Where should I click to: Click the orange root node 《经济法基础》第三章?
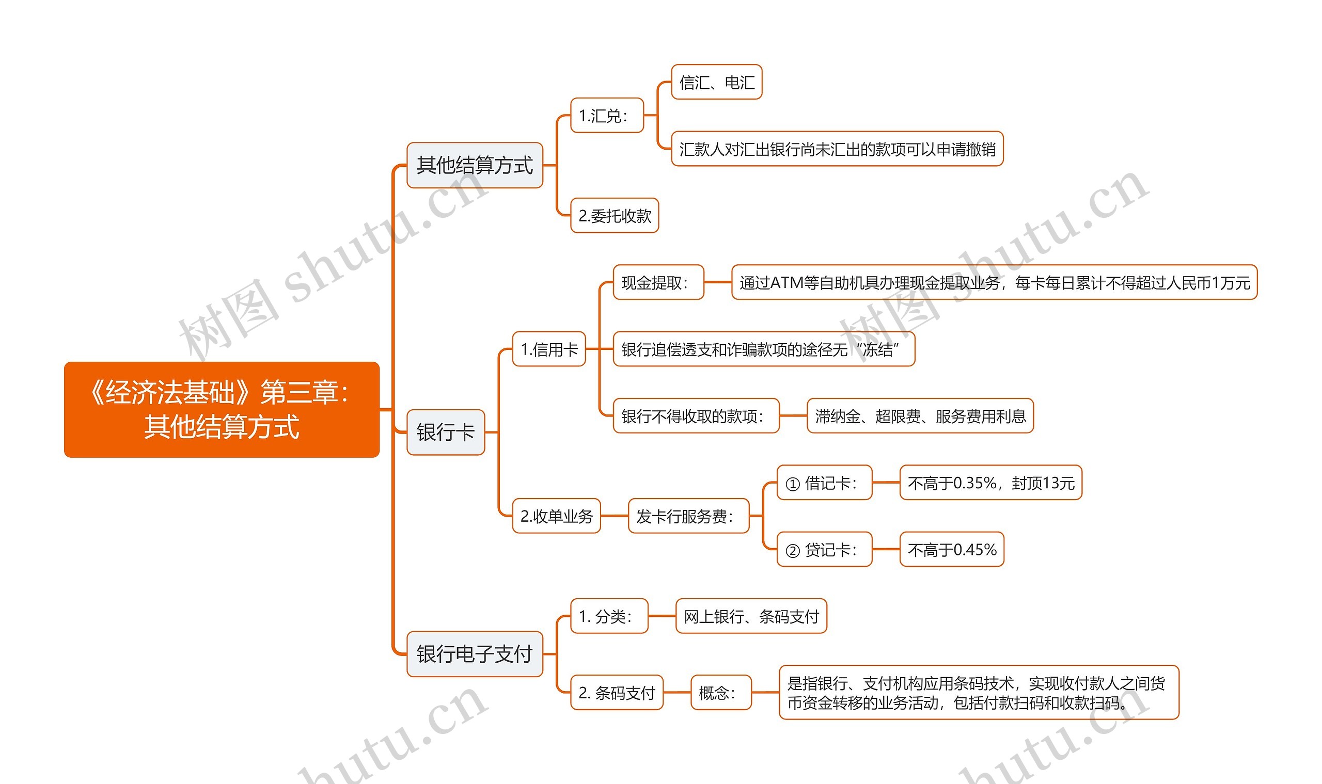click(x=222, y=409)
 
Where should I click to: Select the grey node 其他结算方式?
click(x=475, y=165)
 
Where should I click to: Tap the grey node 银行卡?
click(x=446, y=432)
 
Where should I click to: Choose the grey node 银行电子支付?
click(x=475, y=654)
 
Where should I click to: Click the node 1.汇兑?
click(x=607, y=115)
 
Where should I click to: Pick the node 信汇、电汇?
click(x=716, y=82)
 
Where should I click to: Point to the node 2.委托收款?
click(x=614, y=216)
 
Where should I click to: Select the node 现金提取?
click(x=658, y=283)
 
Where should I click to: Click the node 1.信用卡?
click(x=548, y=349)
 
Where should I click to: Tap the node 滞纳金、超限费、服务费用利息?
click(x=920, y=417)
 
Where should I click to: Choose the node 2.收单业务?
click(x=556, y=516)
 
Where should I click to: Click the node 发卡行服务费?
click(x=688, y=516)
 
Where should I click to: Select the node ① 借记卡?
click(x=824, y=483)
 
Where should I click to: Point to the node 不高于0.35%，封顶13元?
click(x=990, y=483)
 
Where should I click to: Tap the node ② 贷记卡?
click(x=824, y=550)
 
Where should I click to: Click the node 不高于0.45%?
click(x=951, y=550)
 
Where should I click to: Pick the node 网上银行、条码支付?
click(x=751, y=616)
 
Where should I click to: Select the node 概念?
click(x=720, y=693)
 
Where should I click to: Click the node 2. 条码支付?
click(x=617, y=693)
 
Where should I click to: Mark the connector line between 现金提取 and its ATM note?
click(x=717, y=283)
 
